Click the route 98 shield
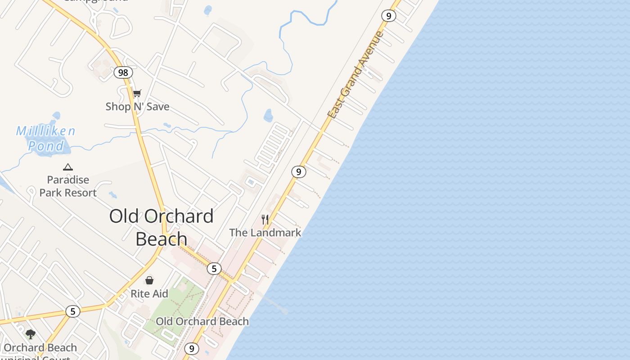point(123,72)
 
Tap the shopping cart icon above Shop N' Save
point(137,94)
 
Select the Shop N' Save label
point(137,107)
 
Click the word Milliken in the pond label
point(46,131)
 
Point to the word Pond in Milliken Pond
point(46,146)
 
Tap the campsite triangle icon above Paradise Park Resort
point(68,167)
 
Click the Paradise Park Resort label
point(68,186)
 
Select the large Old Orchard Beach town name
point(161,227)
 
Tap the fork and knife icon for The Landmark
point(265,220)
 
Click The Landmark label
point(265,233)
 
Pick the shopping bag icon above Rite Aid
point(149,280)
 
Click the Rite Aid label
point(149,294)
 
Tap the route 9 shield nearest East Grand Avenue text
point(388,16)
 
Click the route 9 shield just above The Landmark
point(298,171)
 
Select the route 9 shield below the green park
point(192,349)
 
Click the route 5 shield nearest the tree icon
point(72,311)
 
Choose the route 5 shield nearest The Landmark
point(214,269)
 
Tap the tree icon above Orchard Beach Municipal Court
point(31,334)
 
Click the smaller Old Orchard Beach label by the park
point(202,321)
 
